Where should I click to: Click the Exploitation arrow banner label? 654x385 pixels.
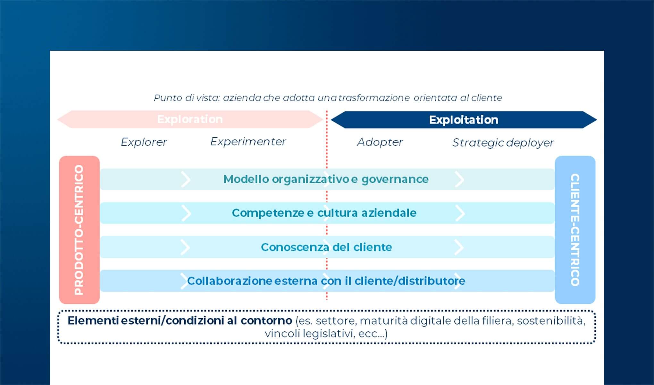point(464,120)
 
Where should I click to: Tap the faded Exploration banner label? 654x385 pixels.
point(190,119)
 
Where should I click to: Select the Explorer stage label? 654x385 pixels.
point(144,142)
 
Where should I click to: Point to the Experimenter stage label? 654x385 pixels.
point(248,141)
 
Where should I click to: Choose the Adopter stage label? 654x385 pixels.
point(380,142)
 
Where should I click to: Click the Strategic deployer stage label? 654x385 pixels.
point(503,142)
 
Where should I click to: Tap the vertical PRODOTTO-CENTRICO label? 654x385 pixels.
point(79,230)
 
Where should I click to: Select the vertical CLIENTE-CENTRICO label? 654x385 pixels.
point(575,230)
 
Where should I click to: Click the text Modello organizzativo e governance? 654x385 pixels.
point(326,179)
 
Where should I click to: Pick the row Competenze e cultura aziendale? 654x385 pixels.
point(324,213)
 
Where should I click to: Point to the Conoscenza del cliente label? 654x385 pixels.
point(326,247)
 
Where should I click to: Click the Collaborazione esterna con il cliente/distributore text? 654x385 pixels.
point(326,281)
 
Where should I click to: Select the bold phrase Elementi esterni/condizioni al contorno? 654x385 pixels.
point(180,321)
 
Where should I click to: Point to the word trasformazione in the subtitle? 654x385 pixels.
point(374,98)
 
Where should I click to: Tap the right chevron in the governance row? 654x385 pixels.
point(460,179)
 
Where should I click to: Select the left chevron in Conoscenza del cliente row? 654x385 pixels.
point(186,247)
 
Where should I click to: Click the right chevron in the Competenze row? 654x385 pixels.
point(460,213)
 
